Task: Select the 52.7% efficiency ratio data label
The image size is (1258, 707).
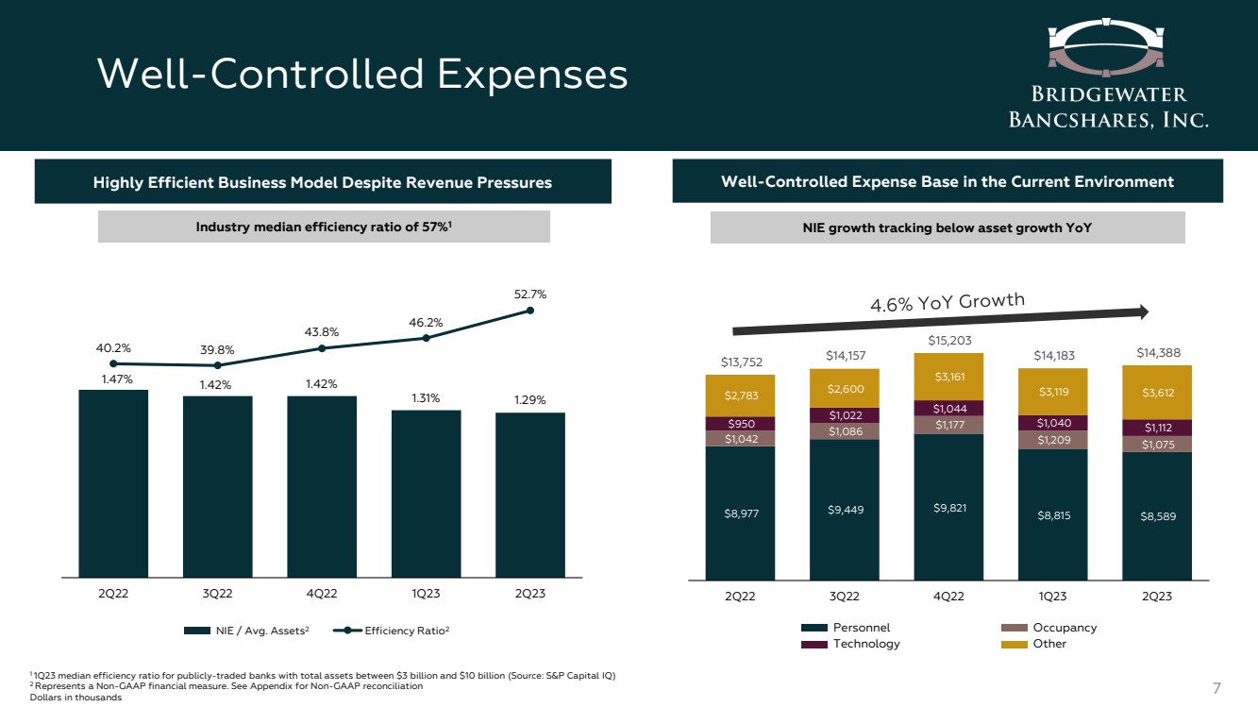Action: click(x=530, y=295)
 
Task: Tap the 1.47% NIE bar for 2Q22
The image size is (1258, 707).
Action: click(x=113, y=481)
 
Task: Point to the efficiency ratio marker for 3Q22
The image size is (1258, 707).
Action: click(x=218, y=365)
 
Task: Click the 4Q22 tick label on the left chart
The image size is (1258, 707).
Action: click(x=322, y=594)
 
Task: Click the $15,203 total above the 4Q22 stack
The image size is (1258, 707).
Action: click(x=948, y=340)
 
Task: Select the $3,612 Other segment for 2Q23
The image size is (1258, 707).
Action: click(x=1157, y=393)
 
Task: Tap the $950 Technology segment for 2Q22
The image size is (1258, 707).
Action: click(x=739, y=424)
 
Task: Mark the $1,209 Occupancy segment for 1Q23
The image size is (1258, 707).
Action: click(x=1052, y=440)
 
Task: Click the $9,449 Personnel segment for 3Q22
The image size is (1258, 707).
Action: click(x=844, y=510)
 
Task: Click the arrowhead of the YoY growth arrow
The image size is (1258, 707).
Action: click(x=1143, y=311)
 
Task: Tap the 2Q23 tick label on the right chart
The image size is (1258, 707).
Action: click(x=1157, y=596)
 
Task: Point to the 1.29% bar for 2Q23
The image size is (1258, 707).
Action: click(x=530, y=495)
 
